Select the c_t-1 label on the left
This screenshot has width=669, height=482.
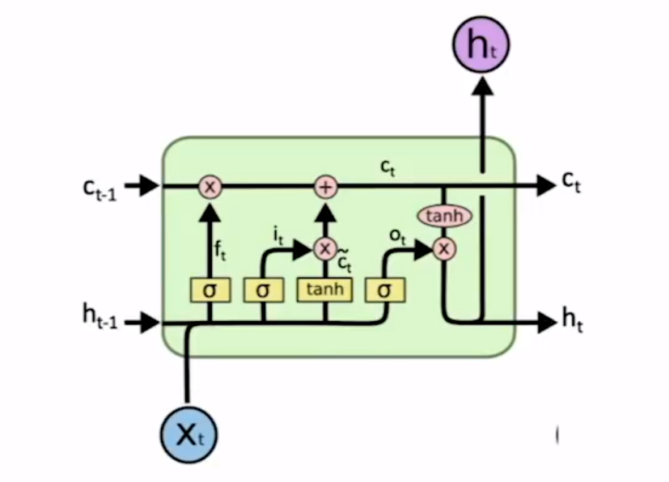tap(99, 188)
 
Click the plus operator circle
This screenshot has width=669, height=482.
tap(325, 188)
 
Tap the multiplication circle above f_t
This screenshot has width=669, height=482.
tap(210, 188)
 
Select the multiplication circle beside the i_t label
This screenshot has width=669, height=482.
tap(325, 248)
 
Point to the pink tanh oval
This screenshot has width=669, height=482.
tap(444, 216)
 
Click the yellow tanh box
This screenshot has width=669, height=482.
tap(325, 290)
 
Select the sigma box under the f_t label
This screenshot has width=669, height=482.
tap(210, 290)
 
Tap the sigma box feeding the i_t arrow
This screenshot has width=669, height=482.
tap(263, 290)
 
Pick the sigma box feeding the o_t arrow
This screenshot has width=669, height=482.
tap(385, 290)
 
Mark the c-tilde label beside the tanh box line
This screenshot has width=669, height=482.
tap(345, 263)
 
